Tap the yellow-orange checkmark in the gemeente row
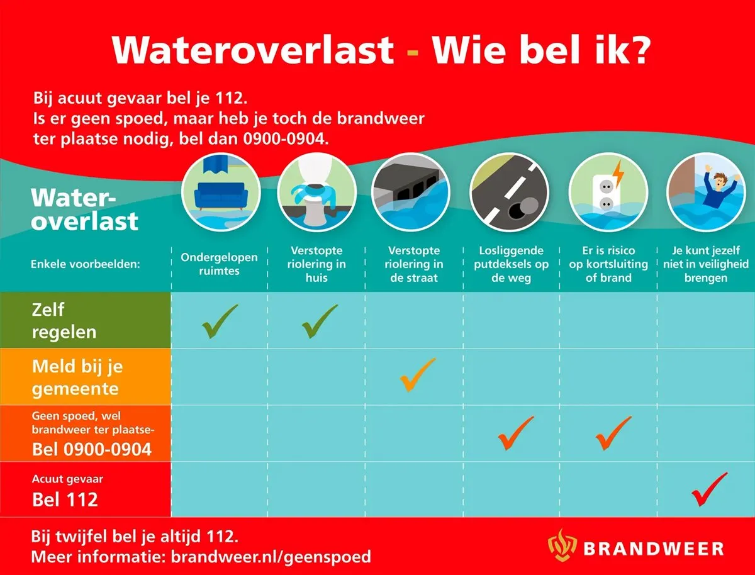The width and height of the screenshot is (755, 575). click(416, 375)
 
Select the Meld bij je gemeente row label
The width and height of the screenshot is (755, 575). click(75, 377)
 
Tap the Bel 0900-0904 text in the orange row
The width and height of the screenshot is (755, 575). click(92, 449)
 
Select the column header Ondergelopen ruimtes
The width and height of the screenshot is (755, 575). click(219, 264)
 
